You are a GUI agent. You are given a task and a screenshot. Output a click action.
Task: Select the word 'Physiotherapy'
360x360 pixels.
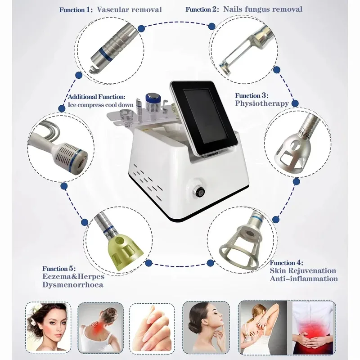coord(261,103)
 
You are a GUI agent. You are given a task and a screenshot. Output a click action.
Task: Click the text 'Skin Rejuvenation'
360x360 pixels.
coord(303,270)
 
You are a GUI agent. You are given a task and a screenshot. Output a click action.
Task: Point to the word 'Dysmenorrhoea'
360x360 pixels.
coord(73,285)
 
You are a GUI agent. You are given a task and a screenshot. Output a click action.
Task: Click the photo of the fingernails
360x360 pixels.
coord(152,327)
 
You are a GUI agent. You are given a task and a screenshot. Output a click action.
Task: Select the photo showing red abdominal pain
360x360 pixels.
coord(313,327)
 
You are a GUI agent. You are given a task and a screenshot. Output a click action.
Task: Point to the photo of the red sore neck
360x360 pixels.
coord(99,327)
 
